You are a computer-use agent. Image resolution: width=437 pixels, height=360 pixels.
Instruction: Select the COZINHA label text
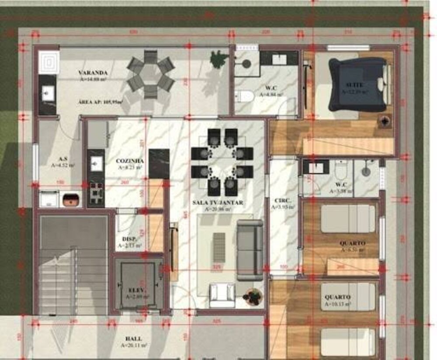pyautogui.click(x=129, y=160)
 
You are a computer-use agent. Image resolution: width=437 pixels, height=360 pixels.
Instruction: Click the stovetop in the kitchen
pyautogui.click(x=96, y=193)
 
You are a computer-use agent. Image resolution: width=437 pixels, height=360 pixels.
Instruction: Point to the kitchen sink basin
pyautogui.click(x=96, y=163)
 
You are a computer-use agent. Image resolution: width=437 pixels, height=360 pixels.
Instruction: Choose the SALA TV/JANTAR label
pyautogui.click(x=217, y=203)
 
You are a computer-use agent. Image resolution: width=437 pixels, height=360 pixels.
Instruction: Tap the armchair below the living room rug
pyautogui.click(x=222, y=295)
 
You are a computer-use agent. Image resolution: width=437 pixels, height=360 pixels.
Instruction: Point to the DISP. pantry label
pyautogui.click(x=129, y=239)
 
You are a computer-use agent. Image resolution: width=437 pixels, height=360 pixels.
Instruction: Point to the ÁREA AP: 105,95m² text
pyautogui.click(x=100, y=102)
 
